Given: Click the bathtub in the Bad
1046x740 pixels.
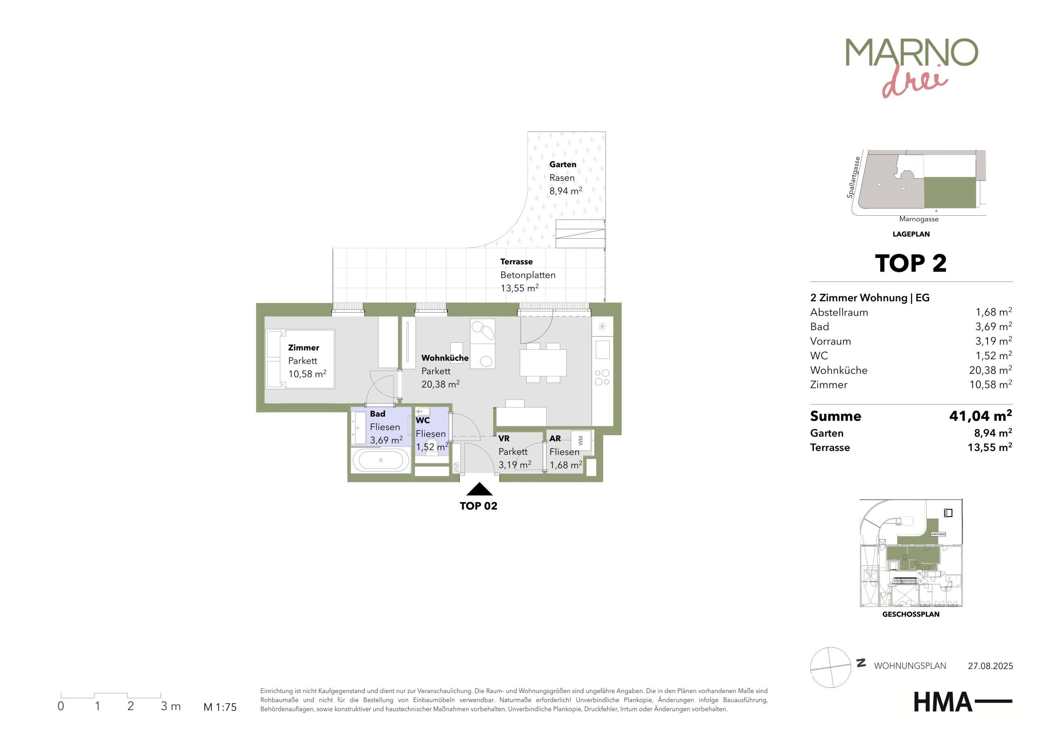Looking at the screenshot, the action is pyautogui.click(x=381, y=461).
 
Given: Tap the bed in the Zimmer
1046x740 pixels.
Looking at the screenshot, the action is pyautogui.click(x=300, y=360).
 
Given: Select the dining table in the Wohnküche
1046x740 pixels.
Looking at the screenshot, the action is pyautogui.click(x=543, y=363).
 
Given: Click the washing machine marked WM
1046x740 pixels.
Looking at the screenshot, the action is pyautogui.click(x=581, y=440).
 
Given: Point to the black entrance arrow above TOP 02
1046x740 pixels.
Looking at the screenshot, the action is pyautogui.click(x=479, y=490).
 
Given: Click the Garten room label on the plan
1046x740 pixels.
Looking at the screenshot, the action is pyautogui.click(x=563, y=165).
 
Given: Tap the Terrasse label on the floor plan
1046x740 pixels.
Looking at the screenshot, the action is pyautogui.click(x=516, y=262).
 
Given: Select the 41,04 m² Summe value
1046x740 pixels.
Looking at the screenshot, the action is pyautogui.click(x=980, y=416).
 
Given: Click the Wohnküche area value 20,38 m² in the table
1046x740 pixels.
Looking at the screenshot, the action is pyautogui.click(x=990, y=370).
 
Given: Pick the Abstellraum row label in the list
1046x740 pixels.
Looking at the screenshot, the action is pyautogui.click(x=839, y=313).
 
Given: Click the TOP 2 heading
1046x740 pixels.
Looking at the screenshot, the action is pyautogui.click(x=911, y=264).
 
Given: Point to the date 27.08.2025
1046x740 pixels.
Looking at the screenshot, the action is pyautogui.click(x=990, y=666).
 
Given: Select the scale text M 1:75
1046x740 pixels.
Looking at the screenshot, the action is pyautogui.click(x=220, y=707).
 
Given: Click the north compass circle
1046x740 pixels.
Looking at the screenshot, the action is pyautogui.click(x=831, y=667).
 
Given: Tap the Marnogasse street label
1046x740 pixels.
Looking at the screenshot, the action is pyautogui.click(x=919, y=219).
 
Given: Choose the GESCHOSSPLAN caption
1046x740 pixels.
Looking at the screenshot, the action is pyautogui.click(x=911, y=614).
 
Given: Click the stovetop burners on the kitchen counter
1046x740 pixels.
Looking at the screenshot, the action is pyautogui.click(x=602, y=378).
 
